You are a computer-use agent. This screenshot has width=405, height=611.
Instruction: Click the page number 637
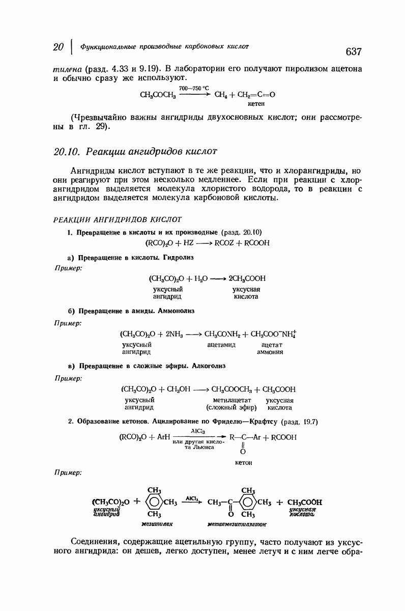point(353,51)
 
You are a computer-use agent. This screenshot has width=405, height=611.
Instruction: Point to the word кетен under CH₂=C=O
point(256,103)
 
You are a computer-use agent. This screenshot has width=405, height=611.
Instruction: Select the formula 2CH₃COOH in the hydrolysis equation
point(247,279)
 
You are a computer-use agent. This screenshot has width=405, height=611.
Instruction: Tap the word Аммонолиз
point(177,310)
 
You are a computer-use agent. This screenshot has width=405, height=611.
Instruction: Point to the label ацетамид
point(221,345)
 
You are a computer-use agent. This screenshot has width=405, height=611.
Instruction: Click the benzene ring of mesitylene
point(154,502)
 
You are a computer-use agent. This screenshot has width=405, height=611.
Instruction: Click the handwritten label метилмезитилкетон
point(237,523)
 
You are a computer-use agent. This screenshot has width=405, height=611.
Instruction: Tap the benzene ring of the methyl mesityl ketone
point(249,502)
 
